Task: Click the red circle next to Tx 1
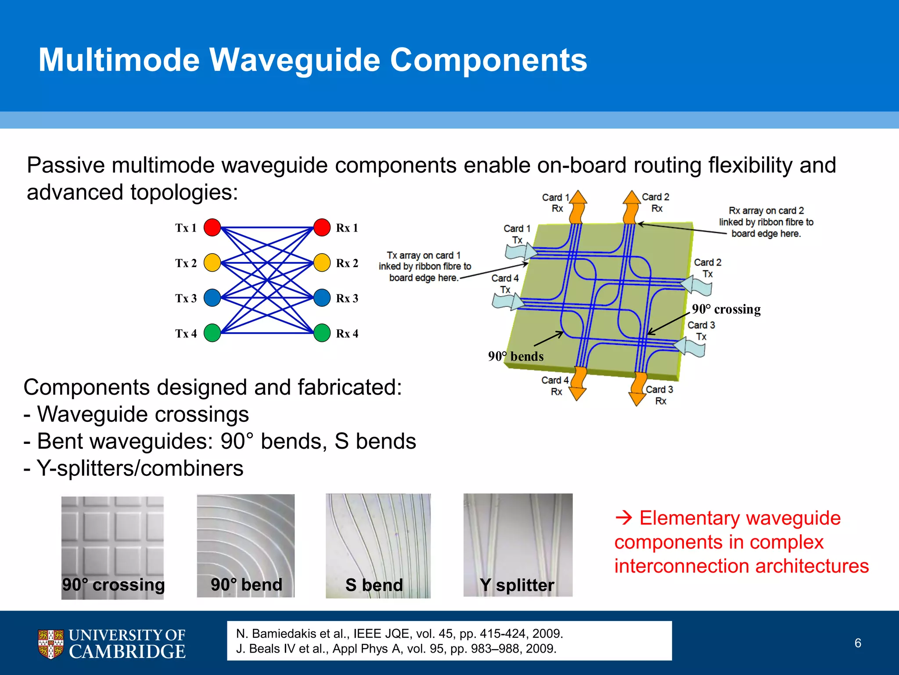[x=212, y=228]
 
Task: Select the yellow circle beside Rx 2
[x=322, y=263]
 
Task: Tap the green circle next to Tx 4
[x=212, y=333]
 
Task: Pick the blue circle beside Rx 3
[x=322, y=298]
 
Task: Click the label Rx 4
[x=347, y=334]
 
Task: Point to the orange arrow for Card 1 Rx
[x=578, y=207]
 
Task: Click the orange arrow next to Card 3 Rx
[x=638, y=389]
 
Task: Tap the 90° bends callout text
[x=516, y=356]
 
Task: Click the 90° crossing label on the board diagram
[x=726, y=309]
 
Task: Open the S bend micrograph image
[x=378, y=545]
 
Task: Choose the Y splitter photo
[x=518, y=545]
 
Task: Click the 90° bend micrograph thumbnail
[x=245, y=545]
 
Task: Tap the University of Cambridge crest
[x=50, y=644]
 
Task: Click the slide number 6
[x=858, y=643]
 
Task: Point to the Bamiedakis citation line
[x=399, y=634]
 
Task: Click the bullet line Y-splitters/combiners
[x=134, y=468]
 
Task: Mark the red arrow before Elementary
[x=623, y=519]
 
